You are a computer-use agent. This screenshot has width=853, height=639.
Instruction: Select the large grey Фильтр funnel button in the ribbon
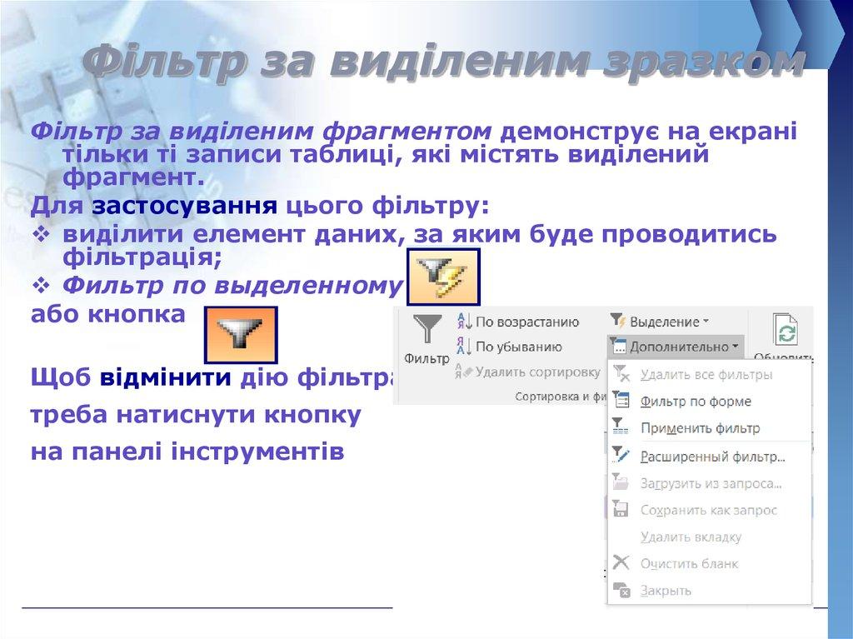[426, 337]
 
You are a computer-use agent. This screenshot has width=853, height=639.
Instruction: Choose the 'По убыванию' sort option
[518, 347]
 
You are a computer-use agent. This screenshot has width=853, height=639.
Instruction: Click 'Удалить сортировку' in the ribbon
[537, 372]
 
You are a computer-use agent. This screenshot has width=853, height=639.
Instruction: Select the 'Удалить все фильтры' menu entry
[706, 375]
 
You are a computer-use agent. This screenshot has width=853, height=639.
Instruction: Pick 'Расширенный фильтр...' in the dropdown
[712, 457]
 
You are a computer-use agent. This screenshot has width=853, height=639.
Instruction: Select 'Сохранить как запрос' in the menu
[708, 510]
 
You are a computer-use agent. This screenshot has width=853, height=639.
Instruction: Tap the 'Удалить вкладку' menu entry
[691, 537]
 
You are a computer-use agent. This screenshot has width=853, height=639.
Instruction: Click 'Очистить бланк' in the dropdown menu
[689, 564]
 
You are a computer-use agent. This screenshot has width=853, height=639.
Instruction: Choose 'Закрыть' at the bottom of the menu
[666, 591]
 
